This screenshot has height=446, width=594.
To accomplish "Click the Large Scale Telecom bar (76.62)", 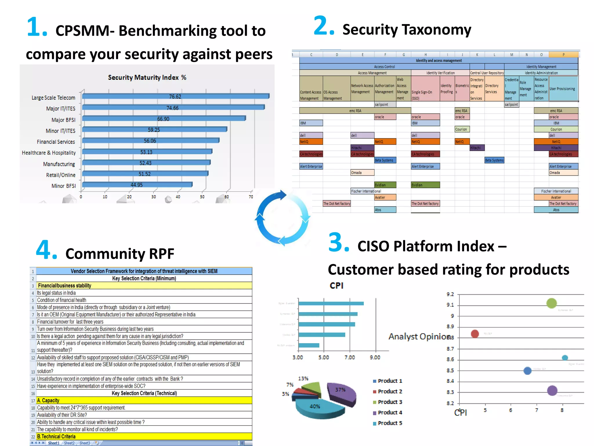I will click(x=175, y=96).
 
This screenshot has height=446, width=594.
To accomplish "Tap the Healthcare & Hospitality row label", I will click(x=49, y=153).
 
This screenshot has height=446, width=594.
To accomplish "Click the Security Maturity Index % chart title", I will click(x=147, y=78).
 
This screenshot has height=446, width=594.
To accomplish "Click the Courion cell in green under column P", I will click(x=556, y=129).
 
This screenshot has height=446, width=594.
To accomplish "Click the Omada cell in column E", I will click(x=362, y=172).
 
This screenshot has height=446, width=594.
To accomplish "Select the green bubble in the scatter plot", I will click(x=551, y=303).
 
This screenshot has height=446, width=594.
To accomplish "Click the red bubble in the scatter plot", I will click(x=475, y=334).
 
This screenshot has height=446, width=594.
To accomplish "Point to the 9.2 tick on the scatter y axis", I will click(x=450, y=294).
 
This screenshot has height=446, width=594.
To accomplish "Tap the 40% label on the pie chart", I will click(x=315, y=406).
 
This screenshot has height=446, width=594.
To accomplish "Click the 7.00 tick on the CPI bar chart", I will click(x=349, y=357).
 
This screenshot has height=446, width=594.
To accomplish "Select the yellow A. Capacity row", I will click(x=144, y=400).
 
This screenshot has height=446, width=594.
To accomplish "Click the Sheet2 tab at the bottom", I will click(x=69, y=443).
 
